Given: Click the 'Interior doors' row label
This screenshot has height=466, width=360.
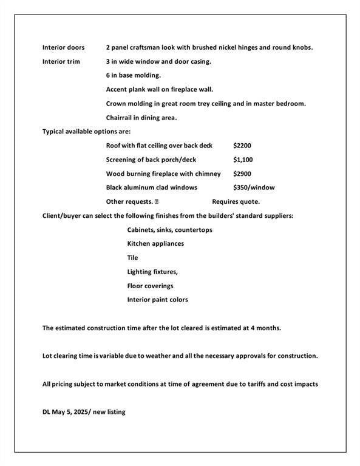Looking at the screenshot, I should (x=63, y=47).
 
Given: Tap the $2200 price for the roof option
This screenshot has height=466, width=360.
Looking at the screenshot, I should (x=242, y=146).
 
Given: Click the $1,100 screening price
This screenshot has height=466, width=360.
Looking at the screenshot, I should (x=243, y=160).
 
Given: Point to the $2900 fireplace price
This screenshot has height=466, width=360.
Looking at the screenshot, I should (x=242, y=174).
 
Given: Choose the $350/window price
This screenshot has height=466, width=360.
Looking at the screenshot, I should (x=254, y=187).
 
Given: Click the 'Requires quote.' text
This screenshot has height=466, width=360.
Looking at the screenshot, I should (x=236, y=201).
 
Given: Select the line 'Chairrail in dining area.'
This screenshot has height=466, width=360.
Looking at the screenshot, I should (x=141, y=118).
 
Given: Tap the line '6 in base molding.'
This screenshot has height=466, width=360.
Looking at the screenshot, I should (x=133, y=75).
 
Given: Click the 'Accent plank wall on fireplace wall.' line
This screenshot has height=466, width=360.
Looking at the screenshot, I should (x=159, y=89).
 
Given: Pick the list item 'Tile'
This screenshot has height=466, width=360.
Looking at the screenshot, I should (x=132, y=258).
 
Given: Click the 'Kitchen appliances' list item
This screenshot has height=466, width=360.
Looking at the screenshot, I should (x=155, y=244).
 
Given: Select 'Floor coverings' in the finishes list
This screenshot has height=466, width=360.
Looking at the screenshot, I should (x=150, y=286).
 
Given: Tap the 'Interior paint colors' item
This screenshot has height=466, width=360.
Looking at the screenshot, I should (x=157, y=300).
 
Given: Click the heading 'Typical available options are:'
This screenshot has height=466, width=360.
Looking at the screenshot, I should (x=86, y=131).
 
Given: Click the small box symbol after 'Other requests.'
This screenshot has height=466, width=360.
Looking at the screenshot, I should (x=157, y=201).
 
